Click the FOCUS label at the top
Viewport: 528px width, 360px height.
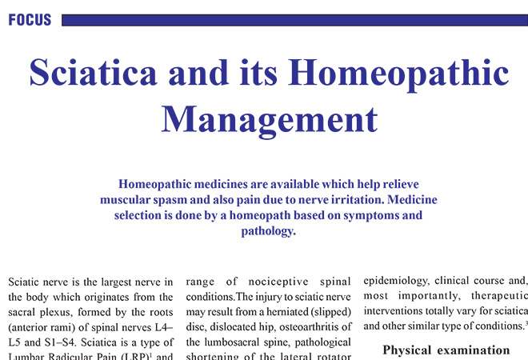[x=30, y=20]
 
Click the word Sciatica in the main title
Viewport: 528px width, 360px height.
[x=98, y=73]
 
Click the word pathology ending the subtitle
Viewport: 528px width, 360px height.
[x=268, y=231]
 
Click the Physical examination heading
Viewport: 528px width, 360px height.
[x=446, y=350]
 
